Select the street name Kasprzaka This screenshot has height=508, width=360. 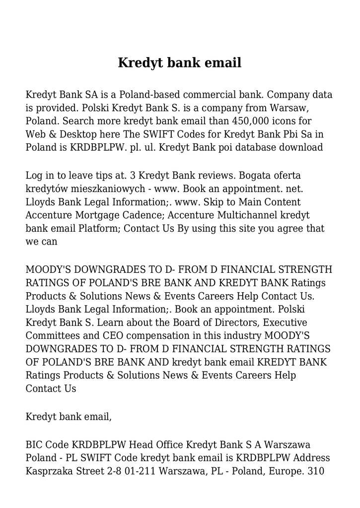[x=51, y=470]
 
